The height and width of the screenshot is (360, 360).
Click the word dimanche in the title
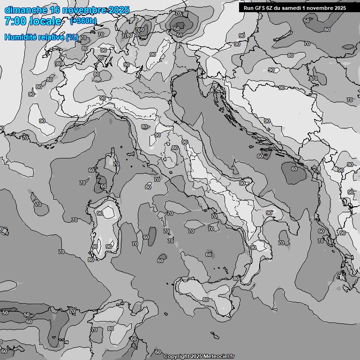pos(26,10)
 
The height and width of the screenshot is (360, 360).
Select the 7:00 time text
pos(14,21)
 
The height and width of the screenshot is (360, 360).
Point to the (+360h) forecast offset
pos(83,21)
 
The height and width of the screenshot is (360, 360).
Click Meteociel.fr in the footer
pos(218,356)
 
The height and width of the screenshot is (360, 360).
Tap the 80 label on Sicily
pos(206,300)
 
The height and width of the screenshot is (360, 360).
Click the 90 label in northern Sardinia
pos(100,213)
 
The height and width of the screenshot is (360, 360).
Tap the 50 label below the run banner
pos(306,21)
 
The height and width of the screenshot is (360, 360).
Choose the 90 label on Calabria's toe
pos(253,247)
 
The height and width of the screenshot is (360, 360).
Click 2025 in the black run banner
pos(337,7)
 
